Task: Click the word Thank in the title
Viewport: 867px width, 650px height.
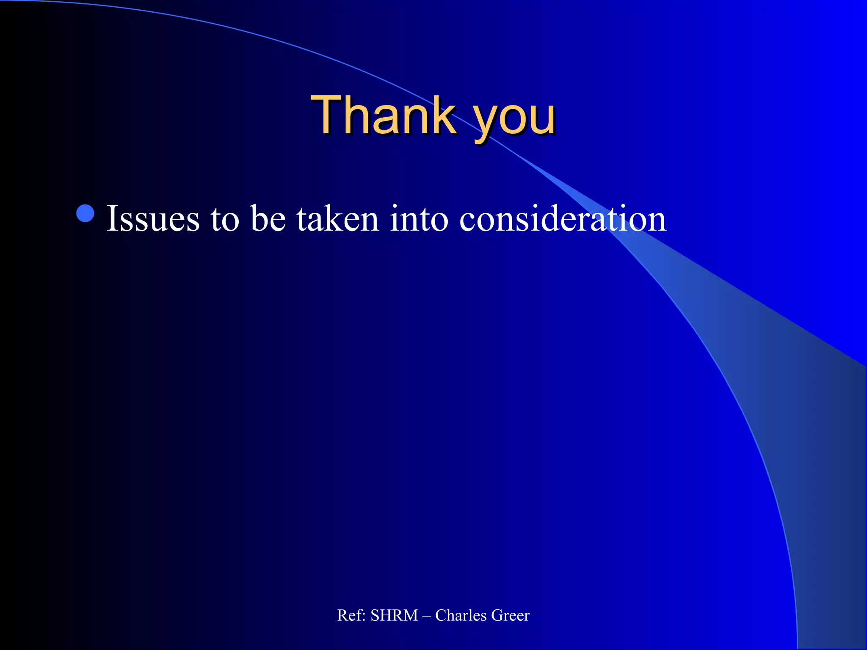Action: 383,115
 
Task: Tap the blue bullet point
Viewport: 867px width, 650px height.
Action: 86,214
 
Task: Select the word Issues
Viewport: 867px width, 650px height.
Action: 153,219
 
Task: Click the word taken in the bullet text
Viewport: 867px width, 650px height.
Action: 337,219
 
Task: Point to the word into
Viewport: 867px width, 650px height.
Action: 419,219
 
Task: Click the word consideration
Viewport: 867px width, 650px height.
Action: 563,219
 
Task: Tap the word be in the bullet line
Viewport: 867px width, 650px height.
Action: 268,219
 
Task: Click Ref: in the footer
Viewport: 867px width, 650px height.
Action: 351,615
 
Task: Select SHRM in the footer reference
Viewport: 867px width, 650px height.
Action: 394,615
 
